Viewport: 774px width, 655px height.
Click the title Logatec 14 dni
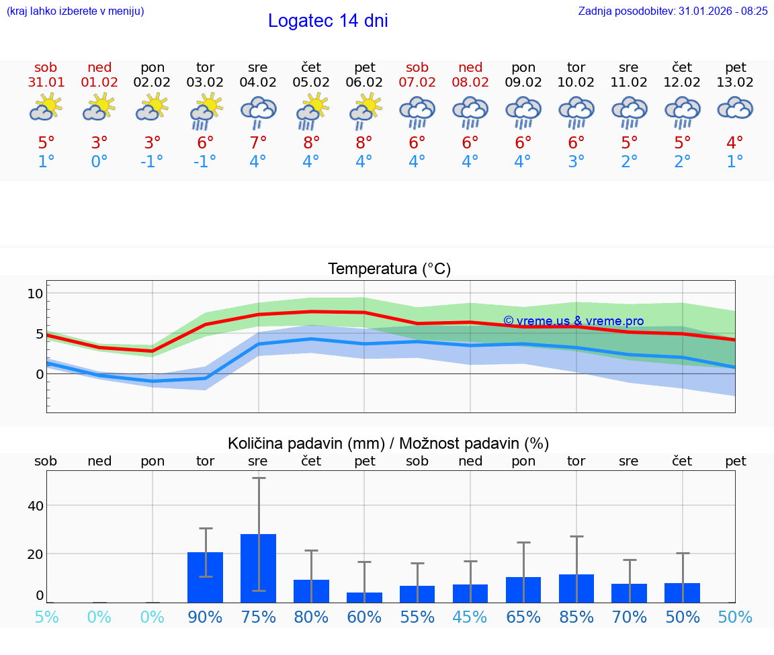point(328,21)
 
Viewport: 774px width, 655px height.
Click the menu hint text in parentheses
point(75,11)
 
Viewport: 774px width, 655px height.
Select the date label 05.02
point(311,83)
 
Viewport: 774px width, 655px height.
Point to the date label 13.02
point(736,83)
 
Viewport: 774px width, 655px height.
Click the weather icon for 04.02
point(258,112)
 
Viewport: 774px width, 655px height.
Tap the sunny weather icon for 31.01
point(46,108)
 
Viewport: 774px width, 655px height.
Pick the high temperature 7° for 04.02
point(258,142)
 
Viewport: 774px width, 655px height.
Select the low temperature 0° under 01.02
point(99,162)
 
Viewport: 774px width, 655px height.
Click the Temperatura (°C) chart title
point(389,269)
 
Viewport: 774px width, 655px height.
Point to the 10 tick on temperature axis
point(35,294)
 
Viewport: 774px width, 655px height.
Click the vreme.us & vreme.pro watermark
point(573,321)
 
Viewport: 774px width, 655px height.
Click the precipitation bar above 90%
point(205,577)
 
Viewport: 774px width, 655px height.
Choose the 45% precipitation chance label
point(470,617)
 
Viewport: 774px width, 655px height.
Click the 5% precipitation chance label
point(46,617)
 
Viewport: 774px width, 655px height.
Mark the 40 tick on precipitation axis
point(35,506)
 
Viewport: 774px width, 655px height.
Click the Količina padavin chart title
point(388,443)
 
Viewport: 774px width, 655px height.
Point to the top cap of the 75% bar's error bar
point(258,478)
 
